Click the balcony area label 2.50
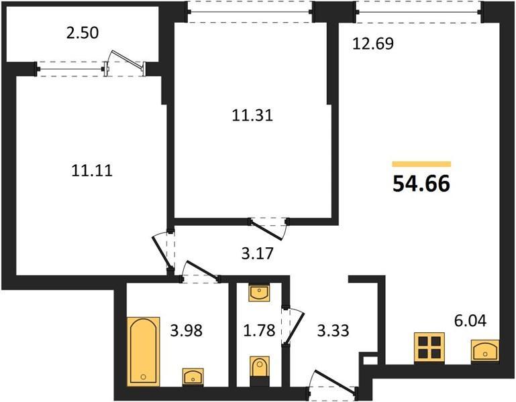(83, 33)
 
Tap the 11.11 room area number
(92, 171)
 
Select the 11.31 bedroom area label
(252, 116)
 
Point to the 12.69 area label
(373, 44)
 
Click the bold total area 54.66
(421, 184)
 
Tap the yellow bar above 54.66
(421, 164)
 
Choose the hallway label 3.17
(258, 253)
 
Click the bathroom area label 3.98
(187, 330)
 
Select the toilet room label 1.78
(259, 330)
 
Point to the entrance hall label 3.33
(333, 330)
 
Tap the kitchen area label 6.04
(470, 321)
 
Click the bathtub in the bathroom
(144, 352)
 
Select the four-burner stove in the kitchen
(429, 348)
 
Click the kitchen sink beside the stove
(484, 351)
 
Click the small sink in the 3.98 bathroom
(193, 377)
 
